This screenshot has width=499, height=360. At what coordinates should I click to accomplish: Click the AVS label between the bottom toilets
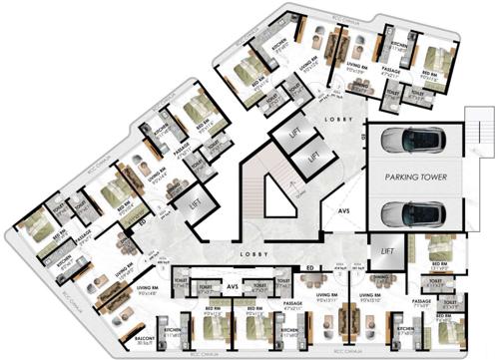[232, 286]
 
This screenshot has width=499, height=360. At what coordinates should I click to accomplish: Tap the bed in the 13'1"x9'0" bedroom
[444, 248]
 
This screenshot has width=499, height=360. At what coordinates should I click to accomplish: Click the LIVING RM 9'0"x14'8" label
[149, 291]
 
